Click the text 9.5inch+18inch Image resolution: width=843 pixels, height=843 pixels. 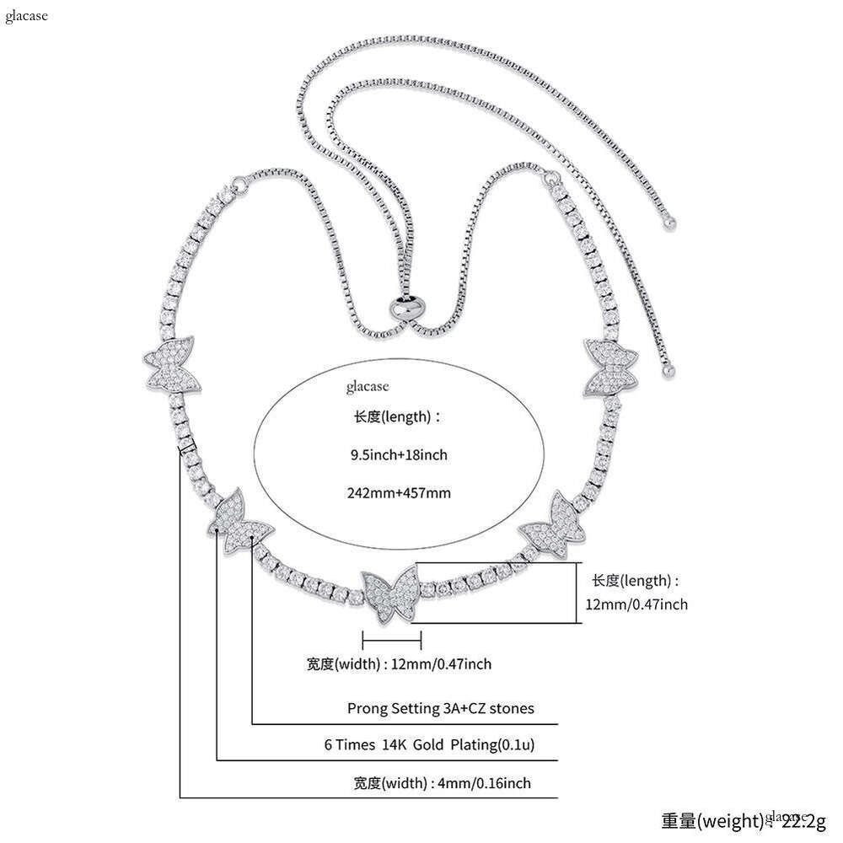(399, 455)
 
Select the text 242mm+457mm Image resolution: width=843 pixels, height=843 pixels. (399, 493)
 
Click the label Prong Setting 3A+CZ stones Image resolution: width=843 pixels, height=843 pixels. (441, 708)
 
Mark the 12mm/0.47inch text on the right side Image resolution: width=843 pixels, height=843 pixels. (636, 604)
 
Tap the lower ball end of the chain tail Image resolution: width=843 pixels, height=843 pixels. (671, 368)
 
